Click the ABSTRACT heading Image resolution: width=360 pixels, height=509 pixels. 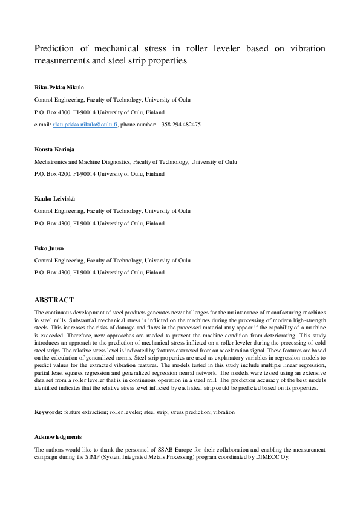(x=54, y=300)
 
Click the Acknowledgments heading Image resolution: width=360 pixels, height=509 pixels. (x=57, y=436)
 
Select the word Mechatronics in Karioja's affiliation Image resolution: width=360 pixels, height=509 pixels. (x=51, y=162)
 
